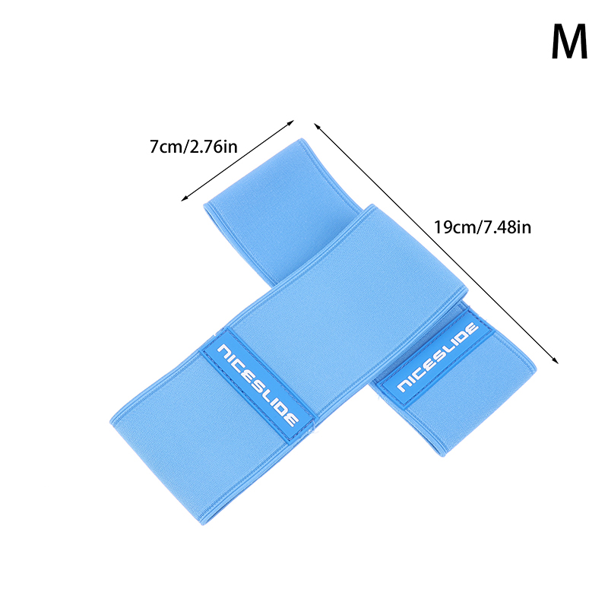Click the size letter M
tap(569, 43)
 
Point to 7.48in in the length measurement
tap(503, 226)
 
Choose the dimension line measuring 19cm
tap(437, 243)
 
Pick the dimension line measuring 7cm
tap(237, 160)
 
